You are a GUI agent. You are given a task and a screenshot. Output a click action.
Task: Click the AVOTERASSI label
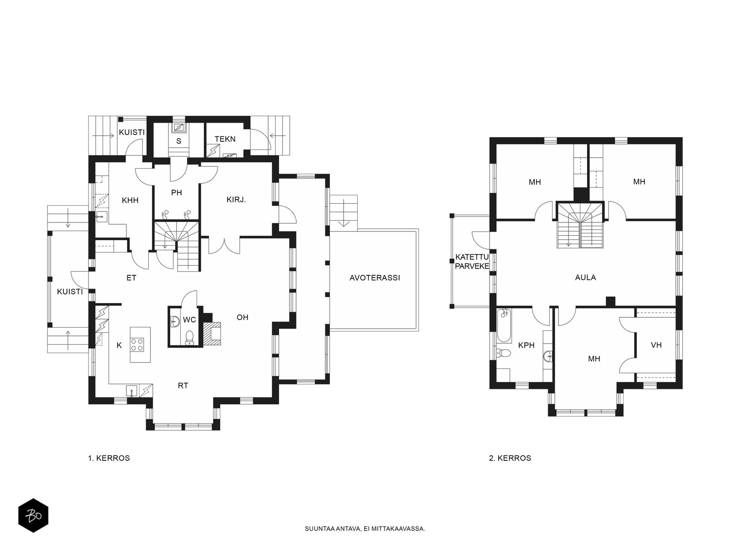click(375, 278)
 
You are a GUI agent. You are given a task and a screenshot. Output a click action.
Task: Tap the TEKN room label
click(225, 139)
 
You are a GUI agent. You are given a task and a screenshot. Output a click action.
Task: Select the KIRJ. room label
click(236, 200)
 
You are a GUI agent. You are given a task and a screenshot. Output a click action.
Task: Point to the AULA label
click(585, 277)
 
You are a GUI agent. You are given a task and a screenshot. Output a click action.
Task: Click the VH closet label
click(656, 345)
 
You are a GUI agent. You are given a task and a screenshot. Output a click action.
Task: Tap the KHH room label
click(130, 200)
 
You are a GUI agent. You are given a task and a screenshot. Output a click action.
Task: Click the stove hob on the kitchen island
click(137, 344)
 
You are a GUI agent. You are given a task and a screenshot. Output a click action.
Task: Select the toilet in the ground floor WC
click(189, 337)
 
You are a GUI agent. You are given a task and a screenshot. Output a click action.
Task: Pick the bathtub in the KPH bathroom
click(504, 325)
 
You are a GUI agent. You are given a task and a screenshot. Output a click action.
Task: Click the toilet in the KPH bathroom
click(503, 352)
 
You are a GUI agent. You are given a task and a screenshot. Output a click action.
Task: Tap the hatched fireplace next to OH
click(212, 334)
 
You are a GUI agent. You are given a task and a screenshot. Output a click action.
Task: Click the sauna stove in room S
click(178, 127)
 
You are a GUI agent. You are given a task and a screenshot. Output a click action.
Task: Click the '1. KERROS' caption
click(109, 458)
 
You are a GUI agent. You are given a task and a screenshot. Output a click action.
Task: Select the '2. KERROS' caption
click(510, 458)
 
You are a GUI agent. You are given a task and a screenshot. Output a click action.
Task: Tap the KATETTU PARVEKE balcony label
click(472, 261)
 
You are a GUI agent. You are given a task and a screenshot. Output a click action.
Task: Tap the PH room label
click(177, 193)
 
